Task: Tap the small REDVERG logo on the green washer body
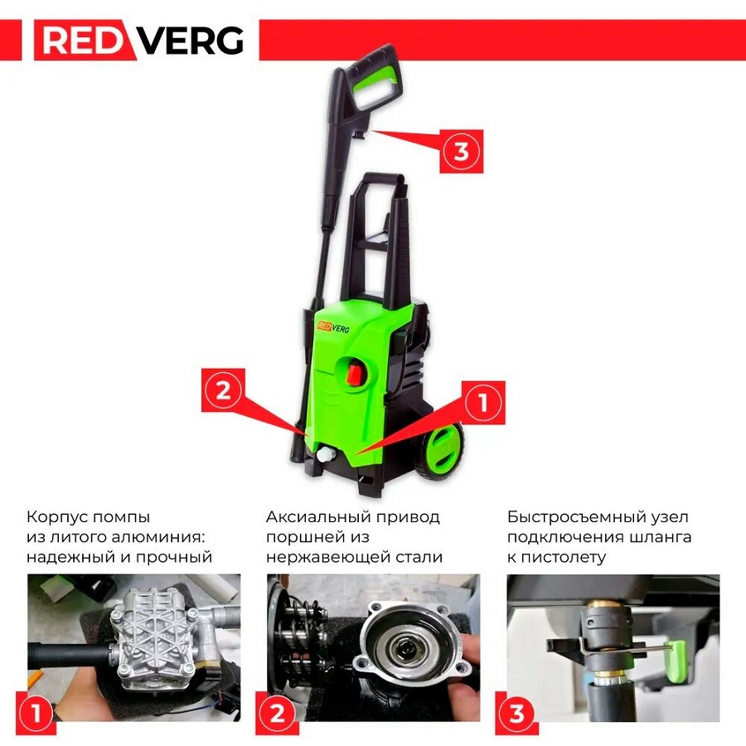click(x=333, y=327)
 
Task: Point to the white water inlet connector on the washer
click(x=327, y=454)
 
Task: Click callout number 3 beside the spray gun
click(x=461, y=152)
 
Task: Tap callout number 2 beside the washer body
click(x=223, y=390)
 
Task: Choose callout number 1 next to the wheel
click(x=483, y=403)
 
